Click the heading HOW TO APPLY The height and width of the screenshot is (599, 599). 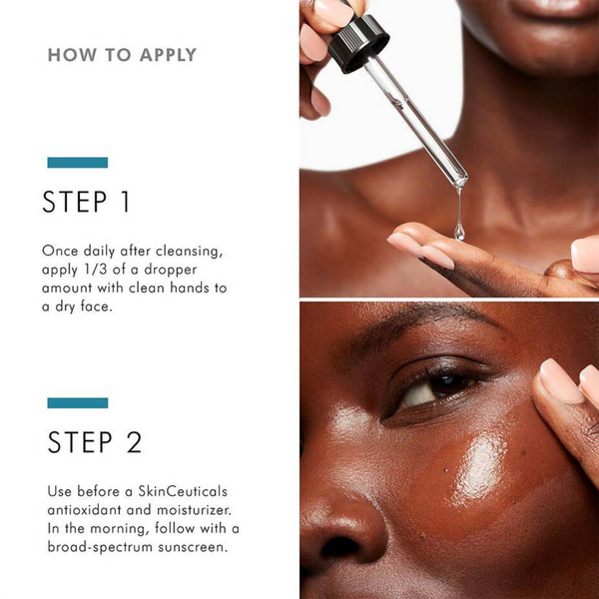pyautogui.click(x=122, y=55)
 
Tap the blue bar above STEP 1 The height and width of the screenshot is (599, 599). pyautogui.click(x=78, y=162)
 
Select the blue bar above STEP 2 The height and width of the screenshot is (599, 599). pyautogui.click(x=78, y=402)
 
